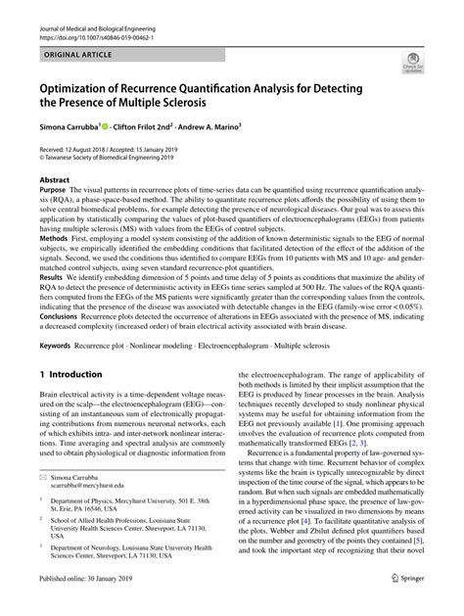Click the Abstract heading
(x=54, y=181)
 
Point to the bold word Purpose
(x=55, y=194)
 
